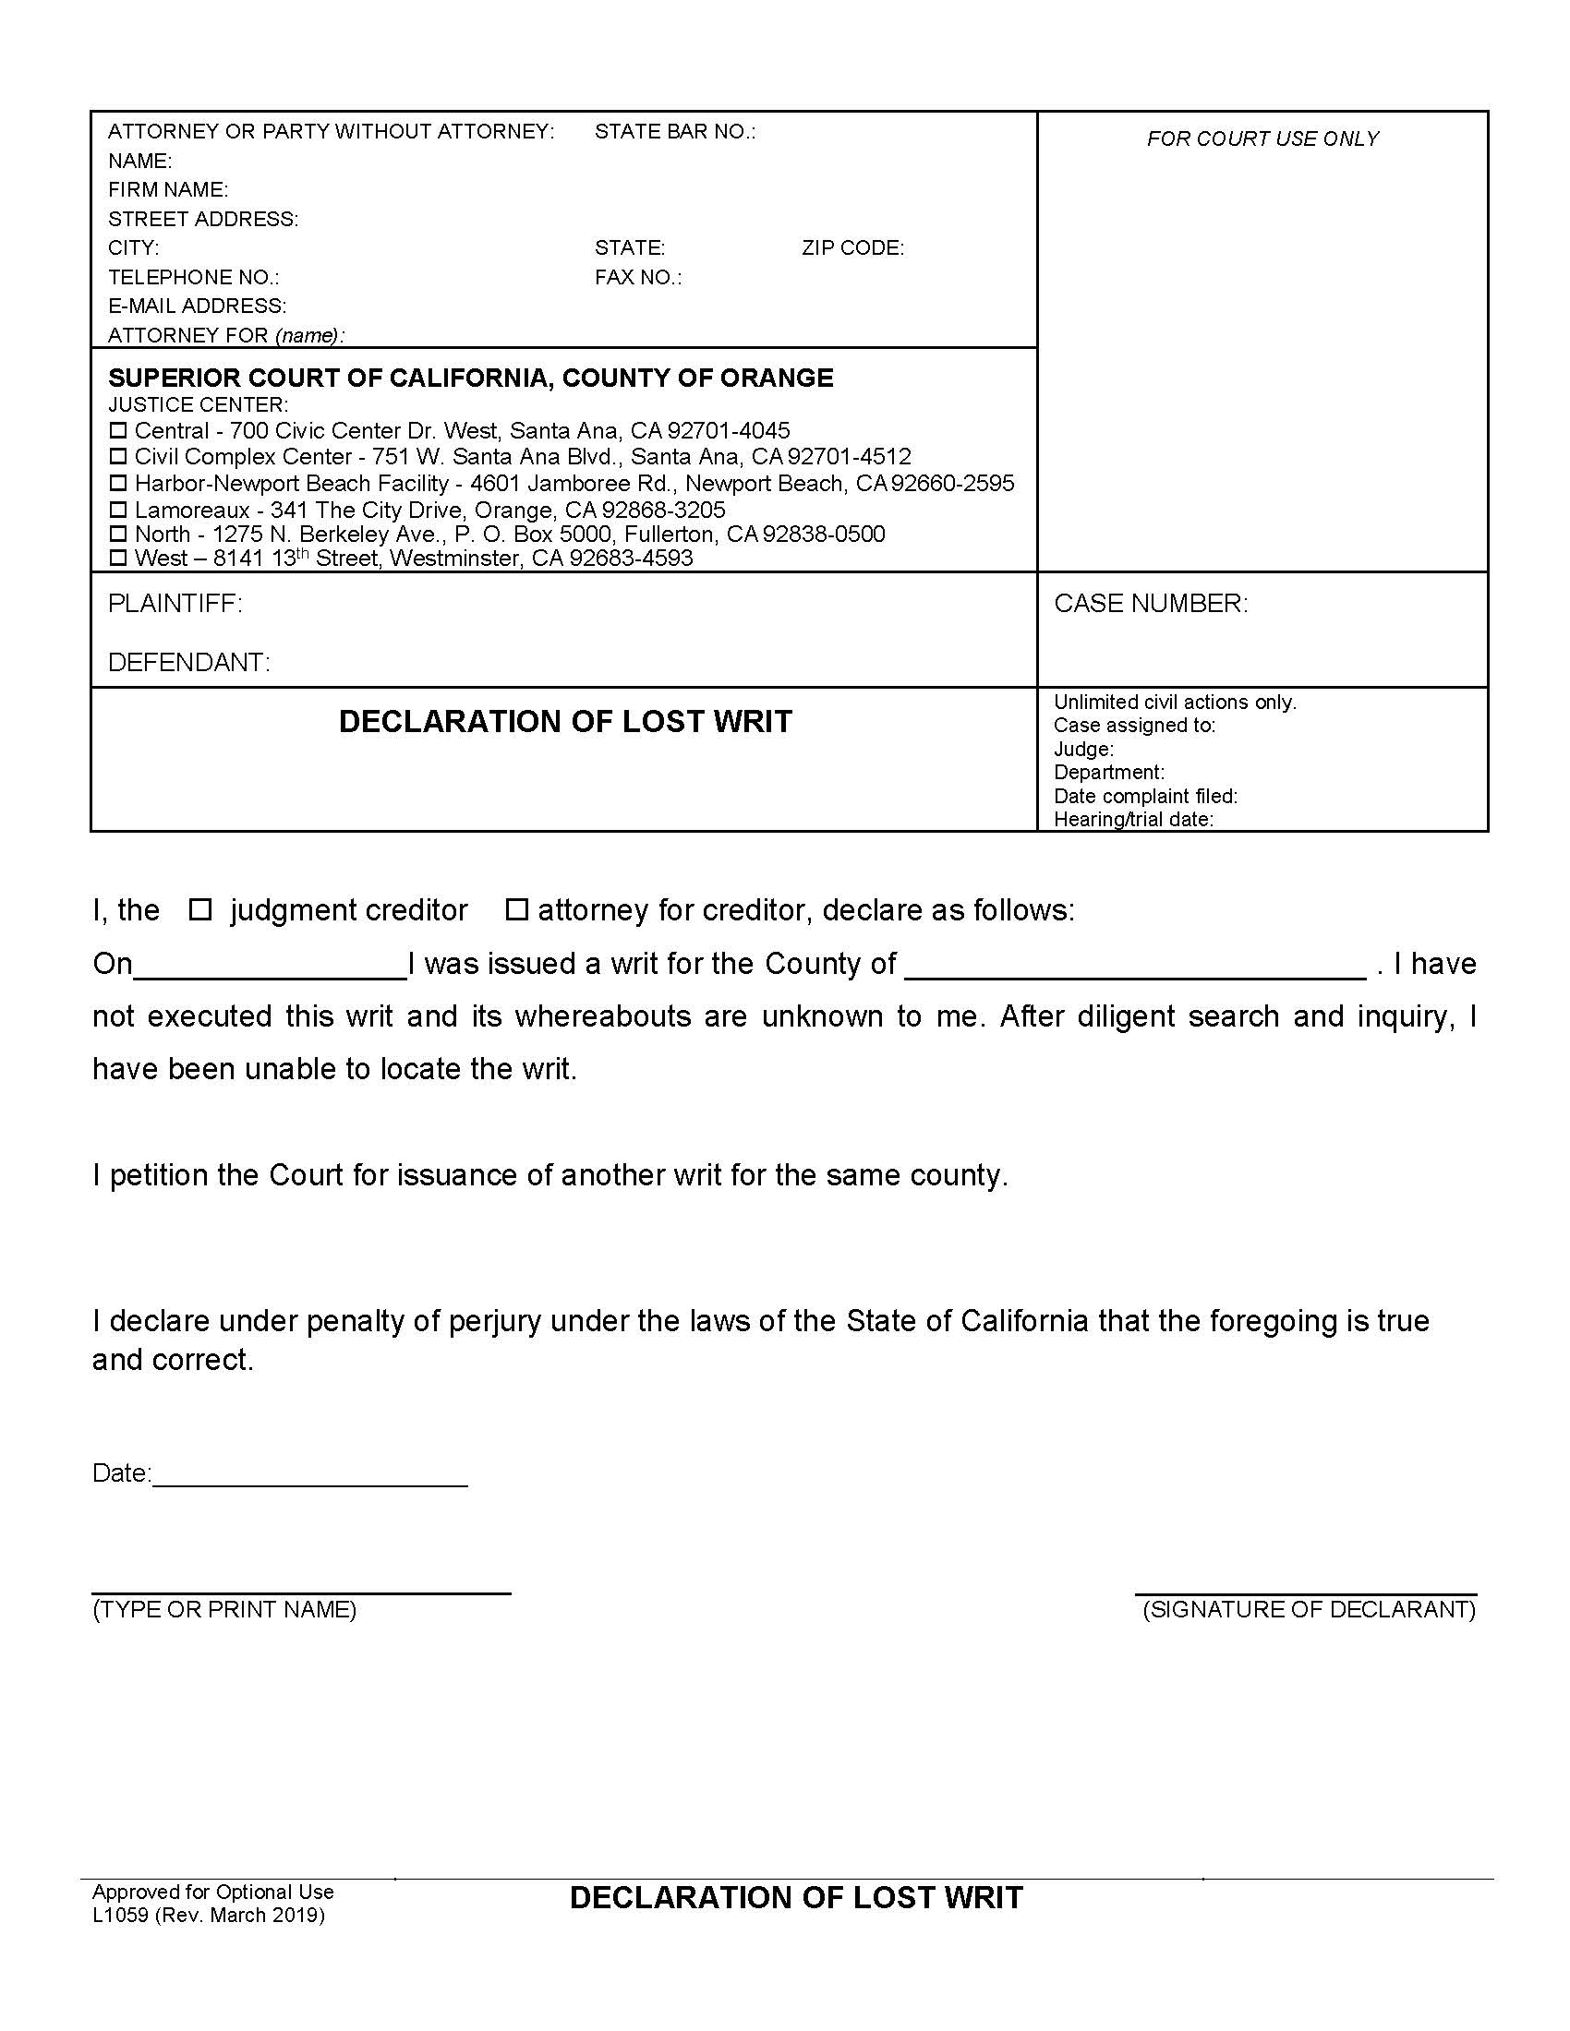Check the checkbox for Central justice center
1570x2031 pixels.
pyautogui.click(x=117, y=430)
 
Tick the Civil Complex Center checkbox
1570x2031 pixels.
pyautogui.click(x=117, y=457)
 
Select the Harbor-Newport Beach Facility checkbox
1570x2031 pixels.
pyautogui.click(x=117, y=483)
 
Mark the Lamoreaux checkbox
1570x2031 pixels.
pyautogui.click(x=117, y=510)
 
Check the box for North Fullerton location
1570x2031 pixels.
pyautogui.click(x=117, y=534)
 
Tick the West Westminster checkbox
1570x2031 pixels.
pyautogui.click(x=117, y=558)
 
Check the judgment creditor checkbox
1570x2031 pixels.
pyautogui.click(x=200, y=909)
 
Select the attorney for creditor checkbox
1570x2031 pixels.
pyautogui.click(x=516, y=909)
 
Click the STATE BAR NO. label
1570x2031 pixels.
pyautogui.click(x=675, y=132)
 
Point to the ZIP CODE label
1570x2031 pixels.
pyautogui.click(x=852, y=248)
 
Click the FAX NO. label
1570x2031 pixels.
pyautogui.click(x=638, y=277)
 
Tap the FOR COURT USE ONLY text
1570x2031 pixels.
pyautogui.click(x=1262, y=138)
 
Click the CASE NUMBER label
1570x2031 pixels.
pyautogui.click(x=1151, y=604)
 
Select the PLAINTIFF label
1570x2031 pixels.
pyautogui.click(x=175, y=604)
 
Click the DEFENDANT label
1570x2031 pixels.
pyautogui.click(x=188, y=662)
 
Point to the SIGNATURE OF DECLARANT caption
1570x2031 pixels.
pyautogui.click(x=1309, y=1610)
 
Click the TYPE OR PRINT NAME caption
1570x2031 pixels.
pyautogui.click(x=224, y=1610)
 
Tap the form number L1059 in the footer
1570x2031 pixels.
pyautogui.click(x=120, y=1916)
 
